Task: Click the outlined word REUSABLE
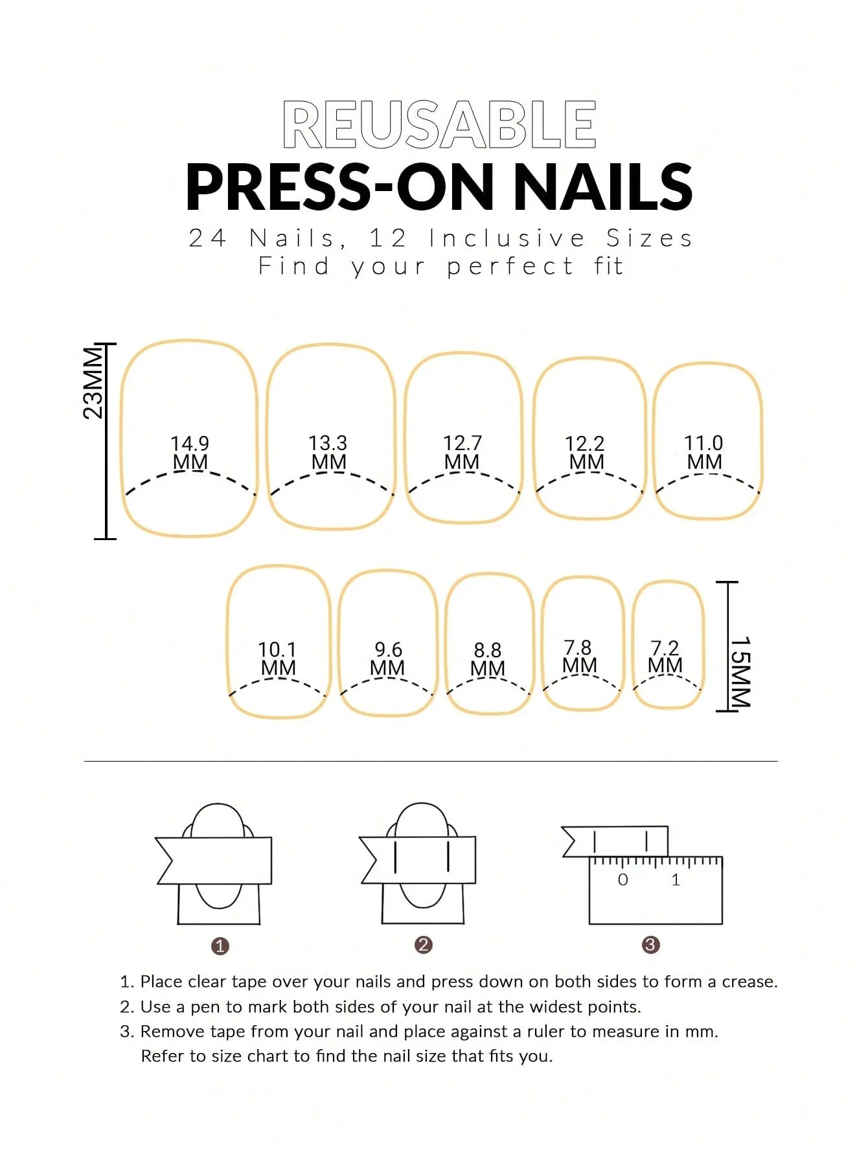pos(439,125)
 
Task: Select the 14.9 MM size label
pos(190,453)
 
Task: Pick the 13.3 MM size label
pos(328,452)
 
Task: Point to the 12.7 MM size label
pos(462,452)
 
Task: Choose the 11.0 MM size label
pos(703,452)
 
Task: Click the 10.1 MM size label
pos(277,659)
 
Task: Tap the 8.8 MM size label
pos(487,659)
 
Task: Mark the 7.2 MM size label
pos(665,657)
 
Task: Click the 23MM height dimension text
pos(93,383)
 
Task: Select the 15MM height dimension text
pos(740,672)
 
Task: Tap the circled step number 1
pos(220,946)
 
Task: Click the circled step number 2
pos(423,945)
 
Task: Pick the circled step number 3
pos(650,945)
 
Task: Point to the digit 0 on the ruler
pos(622,879)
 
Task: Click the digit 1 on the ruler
pos(676,879)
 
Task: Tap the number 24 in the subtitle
pos(207,238)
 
